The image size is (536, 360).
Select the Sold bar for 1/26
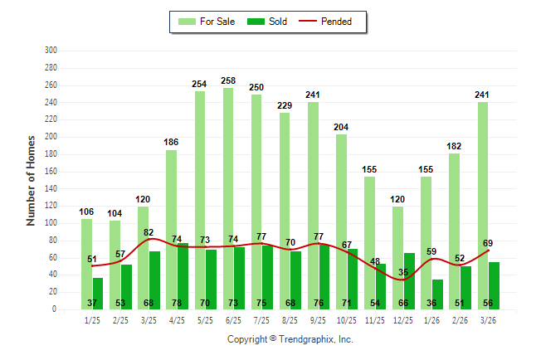pyautogui.click(x=437, y=294)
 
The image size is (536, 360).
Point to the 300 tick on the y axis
pyautogui.click(x=51, y=51)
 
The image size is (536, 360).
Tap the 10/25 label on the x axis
pyautogui.click(x=347, y=319)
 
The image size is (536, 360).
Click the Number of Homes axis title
pyautogui.click(x=32, y=180)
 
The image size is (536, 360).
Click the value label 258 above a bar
pyautogui.click(x=229, y=80)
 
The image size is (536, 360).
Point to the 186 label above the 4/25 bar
pyautogui.click(x=172, y=143)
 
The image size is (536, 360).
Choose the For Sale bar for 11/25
pyautogui.click(x=369, y=241)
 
